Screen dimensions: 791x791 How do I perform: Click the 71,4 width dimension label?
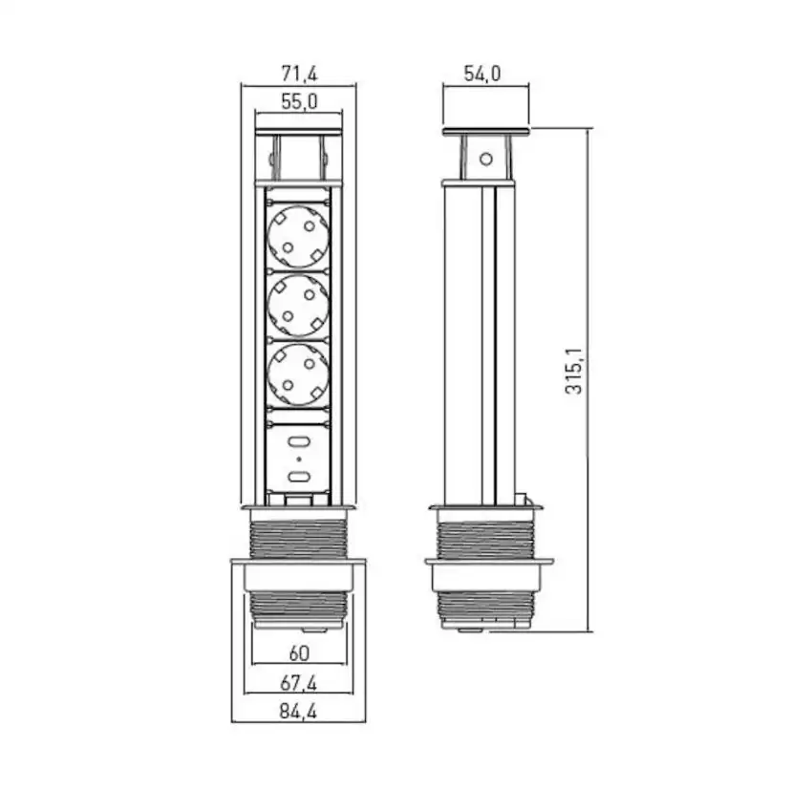coord(299,75)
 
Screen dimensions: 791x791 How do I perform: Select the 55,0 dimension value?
coord(299,102)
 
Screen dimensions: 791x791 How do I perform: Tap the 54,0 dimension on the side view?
coord(482,75)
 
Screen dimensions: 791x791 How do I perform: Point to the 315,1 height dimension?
coord(573,371)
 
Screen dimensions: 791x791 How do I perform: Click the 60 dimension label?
coord(299,653)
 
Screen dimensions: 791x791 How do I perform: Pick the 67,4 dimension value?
coord(299,684)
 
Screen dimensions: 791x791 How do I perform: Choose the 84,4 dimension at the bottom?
coord(299,712)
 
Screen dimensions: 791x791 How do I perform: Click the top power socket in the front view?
coord(299,237)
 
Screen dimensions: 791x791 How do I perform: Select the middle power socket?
coord(299,306)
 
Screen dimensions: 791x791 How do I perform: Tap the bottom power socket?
coord(299,374)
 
